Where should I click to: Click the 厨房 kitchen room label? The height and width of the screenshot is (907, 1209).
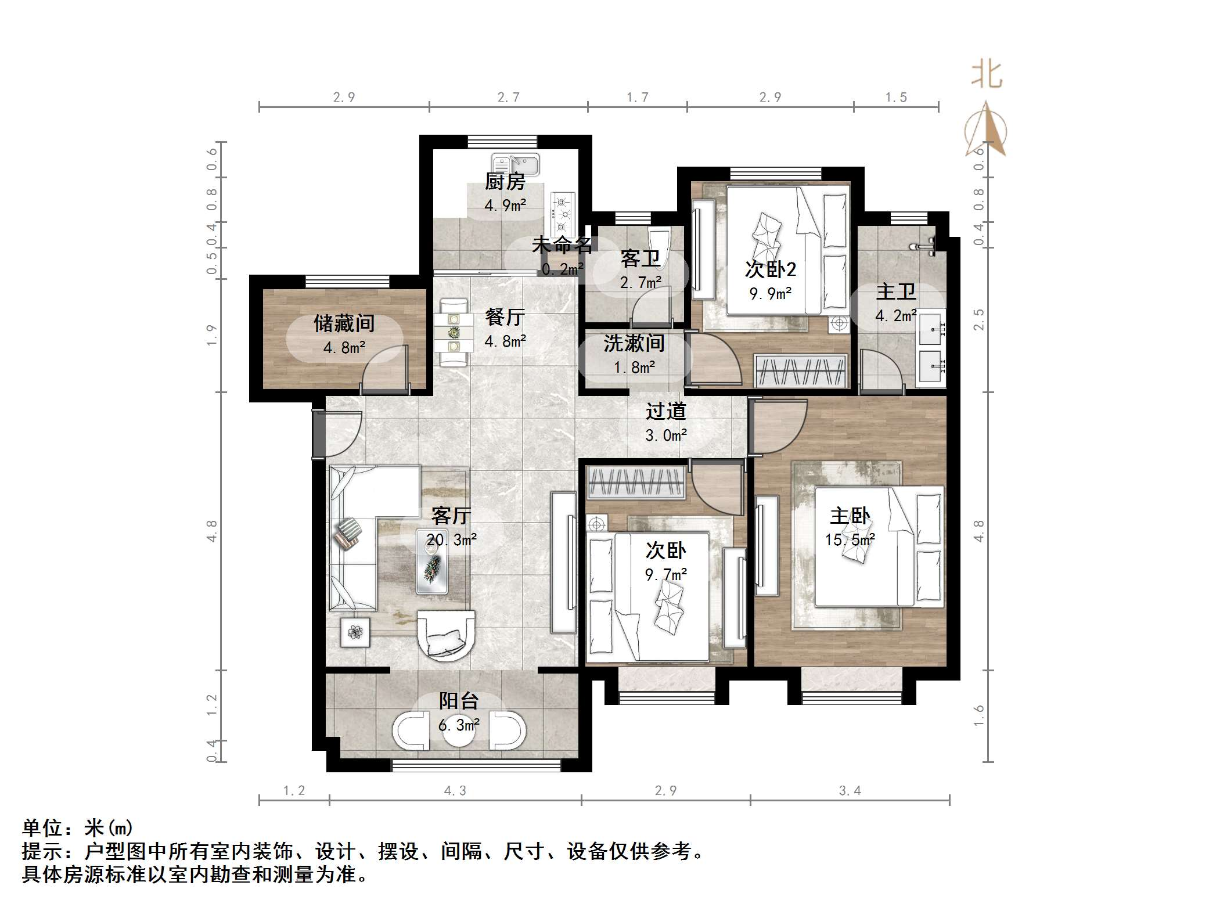point(505,182)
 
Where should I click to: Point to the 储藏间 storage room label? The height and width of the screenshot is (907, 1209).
point(344,323)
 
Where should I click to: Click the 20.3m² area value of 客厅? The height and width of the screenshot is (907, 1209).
point(452,540)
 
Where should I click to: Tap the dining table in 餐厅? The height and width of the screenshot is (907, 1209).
point(453,333)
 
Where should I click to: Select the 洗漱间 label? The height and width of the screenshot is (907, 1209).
point(634,343)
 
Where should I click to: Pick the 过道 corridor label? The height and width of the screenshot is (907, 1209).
point(665,411)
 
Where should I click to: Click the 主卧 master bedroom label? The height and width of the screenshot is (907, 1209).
point(850,516)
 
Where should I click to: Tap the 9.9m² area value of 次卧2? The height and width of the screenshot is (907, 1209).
point(770,294)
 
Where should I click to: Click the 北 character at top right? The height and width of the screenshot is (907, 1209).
point(987,75)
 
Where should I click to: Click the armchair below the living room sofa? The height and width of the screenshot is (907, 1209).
point(446,635)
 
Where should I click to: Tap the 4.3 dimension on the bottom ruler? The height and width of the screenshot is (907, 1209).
point(455,790)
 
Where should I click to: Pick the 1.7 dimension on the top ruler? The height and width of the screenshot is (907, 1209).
point(637,98)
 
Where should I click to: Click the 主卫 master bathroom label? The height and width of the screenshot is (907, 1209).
point(895,291)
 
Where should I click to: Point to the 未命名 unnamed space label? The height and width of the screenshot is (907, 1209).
point(562,245)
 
